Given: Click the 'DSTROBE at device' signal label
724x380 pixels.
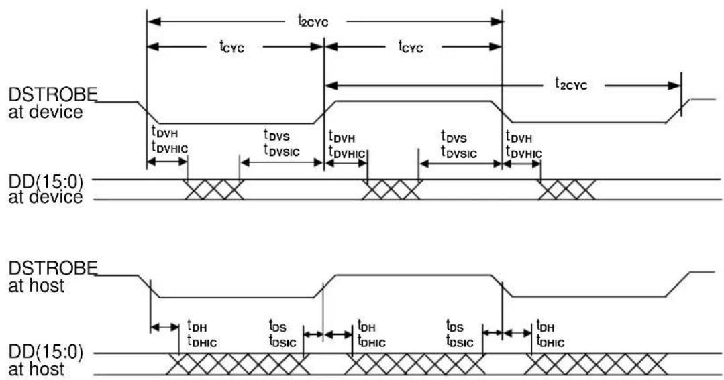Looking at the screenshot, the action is coord(52,103).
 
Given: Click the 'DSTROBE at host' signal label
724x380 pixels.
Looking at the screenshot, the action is coord(52,277).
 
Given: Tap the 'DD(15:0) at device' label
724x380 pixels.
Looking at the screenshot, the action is coord(46,190).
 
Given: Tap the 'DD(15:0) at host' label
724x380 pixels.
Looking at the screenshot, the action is coord(46,361).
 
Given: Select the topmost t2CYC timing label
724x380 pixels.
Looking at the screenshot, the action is coord(313,21).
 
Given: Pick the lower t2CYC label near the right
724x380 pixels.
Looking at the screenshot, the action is coord(571,84).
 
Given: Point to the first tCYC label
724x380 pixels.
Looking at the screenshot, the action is coord(231,46).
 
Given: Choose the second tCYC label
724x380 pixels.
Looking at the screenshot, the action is coord(411,46).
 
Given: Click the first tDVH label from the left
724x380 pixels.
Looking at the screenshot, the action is coord(164,132).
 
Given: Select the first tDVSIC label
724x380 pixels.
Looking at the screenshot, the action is coord(281,150).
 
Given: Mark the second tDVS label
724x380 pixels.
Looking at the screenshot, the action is coord(454,137).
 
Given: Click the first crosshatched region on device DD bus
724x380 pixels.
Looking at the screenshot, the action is coord(214,190).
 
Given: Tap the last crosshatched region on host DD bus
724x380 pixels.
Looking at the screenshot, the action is coord(595,364).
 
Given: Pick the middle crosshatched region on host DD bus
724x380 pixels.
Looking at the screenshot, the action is coord(415,364).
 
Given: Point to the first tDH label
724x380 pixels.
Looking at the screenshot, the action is coord(197,326).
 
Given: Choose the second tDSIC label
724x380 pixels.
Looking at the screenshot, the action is coord(460,342).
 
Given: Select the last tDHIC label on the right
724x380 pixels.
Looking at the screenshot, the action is coord(550,342).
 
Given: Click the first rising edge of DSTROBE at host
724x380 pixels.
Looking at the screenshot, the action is coord(325,286).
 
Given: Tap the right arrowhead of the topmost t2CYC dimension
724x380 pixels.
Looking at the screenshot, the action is coord(497,21).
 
